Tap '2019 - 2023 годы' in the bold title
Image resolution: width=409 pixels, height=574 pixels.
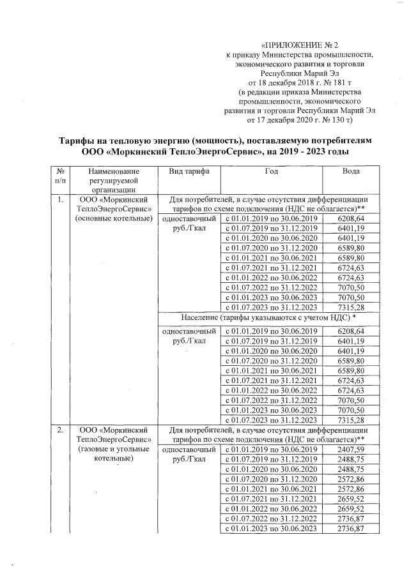pos(305,153)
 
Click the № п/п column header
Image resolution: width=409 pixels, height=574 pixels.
pos(59,177)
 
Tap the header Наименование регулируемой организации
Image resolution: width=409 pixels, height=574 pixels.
pos(113,181)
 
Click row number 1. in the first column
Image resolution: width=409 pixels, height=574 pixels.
pos(60,200)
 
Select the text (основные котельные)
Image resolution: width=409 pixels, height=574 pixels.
pos(112,218)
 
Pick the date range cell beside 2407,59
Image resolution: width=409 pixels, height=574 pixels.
pos(271,449)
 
